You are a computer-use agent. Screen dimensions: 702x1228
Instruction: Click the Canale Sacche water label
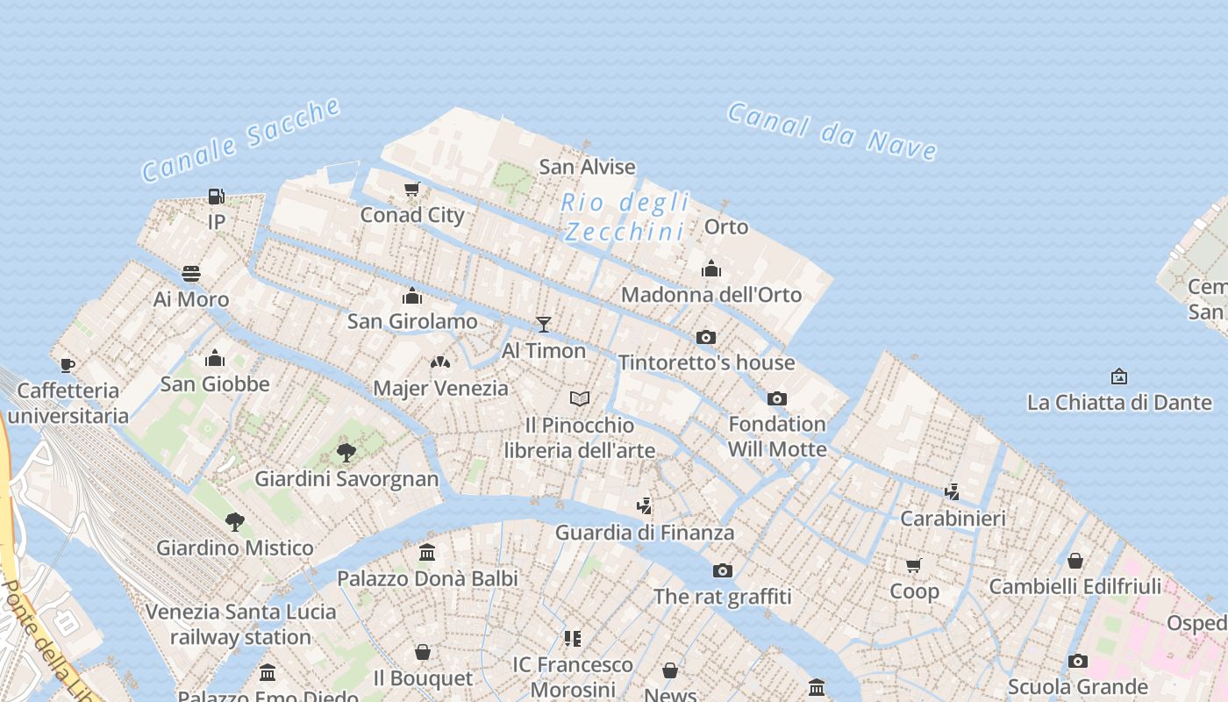[241, 140]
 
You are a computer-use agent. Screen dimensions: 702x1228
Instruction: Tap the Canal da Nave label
[832, 131]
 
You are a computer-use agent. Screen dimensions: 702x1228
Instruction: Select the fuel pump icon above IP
[216, 196]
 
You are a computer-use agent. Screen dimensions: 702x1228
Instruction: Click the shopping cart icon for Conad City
[412, 189]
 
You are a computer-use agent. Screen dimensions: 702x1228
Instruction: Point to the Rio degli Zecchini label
[625, 217]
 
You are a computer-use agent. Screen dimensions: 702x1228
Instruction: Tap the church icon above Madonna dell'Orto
[711, 269]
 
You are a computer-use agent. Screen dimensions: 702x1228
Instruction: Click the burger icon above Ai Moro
[191, 274]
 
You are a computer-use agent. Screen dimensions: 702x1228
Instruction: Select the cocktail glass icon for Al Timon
[544, 325]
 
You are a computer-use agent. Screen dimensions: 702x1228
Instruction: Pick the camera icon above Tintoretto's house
[706, 337]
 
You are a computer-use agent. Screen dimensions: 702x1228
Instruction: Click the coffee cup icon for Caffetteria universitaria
[68, 365]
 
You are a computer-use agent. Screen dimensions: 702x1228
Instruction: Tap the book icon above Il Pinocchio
[580, 399]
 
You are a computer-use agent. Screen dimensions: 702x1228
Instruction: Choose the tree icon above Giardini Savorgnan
[346, 453]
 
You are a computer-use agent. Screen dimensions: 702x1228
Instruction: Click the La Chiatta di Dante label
[1118, 403]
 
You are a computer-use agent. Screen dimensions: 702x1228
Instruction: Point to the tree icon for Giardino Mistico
[234, 522]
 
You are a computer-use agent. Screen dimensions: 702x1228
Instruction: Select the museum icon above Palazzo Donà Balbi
[427, 552]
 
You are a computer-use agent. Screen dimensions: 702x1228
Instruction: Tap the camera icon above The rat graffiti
[723, 571]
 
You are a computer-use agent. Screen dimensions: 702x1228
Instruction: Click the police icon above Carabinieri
[953, 492]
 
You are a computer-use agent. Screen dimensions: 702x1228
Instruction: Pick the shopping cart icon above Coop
[914, 565]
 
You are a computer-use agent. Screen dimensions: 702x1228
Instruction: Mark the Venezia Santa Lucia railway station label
[240, 624]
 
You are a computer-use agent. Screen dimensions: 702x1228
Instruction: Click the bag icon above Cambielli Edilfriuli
[1075, 561]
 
